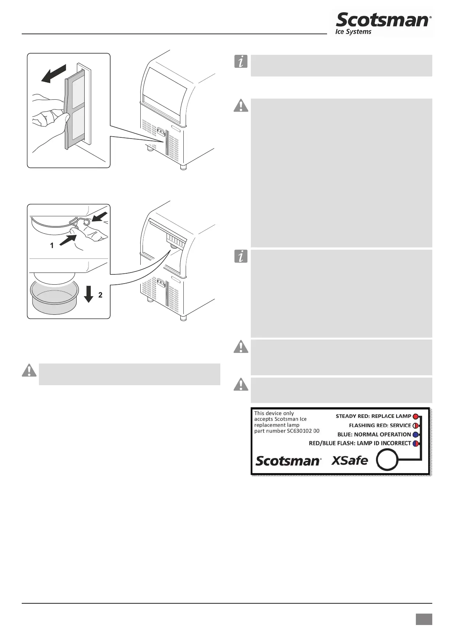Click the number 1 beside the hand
tap(52, 246)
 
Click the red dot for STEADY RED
tap(415, 416)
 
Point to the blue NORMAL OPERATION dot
tap(415, 435)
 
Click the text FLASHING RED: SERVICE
tap(380, 426)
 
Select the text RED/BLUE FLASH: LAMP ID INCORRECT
tap(360, 443)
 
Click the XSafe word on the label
tap(350, 461)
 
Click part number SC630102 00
tap(287, 431)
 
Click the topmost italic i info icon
tap(241, 62)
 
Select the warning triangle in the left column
tap(29, 370)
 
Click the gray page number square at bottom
tap(424, 619)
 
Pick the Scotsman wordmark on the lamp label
tap(288, 461)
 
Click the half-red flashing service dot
tap(415, 426)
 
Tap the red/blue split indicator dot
tap(415, 444)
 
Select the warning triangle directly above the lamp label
tap(241, 384)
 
